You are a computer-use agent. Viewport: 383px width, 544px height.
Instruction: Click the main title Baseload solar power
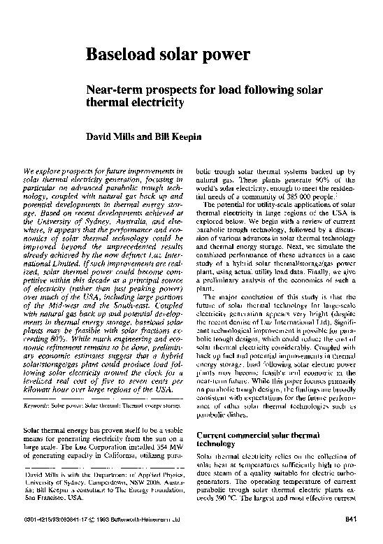pos(167,55)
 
